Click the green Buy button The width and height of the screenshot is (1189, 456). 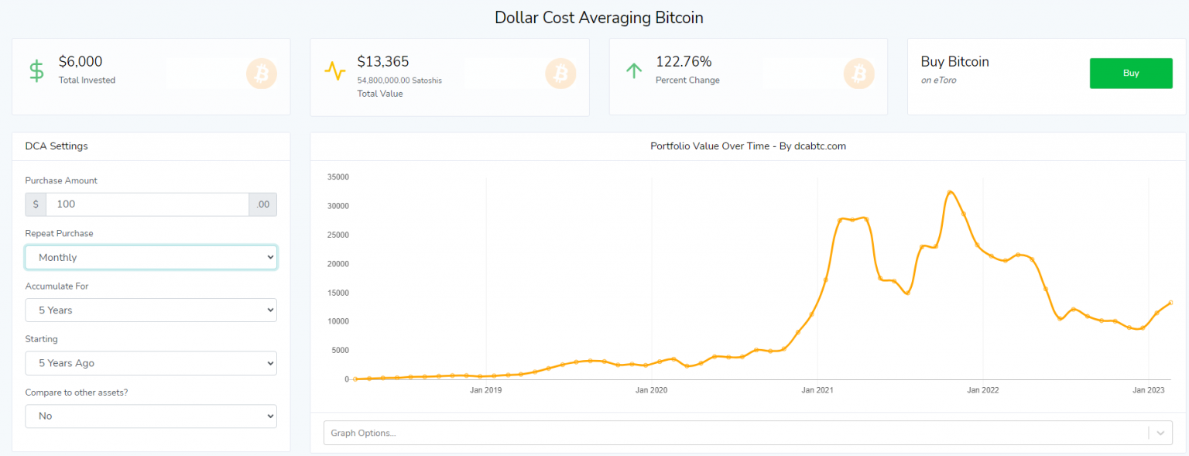point(1130,74)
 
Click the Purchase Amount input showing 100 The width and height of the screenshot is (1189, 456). point(147,204)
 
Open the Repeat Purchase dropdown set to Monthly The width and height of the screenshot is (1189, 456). point(151,257)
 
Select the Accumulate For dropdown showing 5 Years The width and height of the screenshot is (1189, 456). point(151,310)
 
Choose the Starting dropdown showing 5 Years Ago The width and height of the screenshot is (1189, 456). point(151,362)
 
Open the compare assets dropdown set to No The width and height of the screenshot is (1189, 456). point(151,416)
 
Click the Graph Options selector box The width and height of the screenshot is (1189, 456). point(735,433)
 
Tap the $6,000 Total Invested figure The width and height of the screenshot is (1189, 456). point(81,62)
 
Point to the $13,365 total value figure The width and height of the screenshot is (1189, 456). point(383,62)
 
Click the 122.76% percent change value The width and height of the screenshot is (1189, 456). point(684,62)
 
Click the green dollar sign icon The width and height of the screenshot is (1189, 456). point(36,71)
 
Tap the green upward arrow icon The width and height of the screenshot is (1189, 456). point(634,71)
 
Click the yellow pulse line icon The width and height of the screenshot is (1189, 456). point(335,71)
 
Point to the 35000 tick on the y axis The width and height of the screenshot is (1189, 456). point(338,177)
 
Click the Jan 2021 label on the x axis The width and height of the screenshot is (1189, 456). point(817,390)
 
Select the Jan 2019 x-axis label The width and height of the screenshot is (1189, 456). point(485,390)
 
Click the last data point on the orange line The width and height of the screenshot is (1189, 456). point(1170,302)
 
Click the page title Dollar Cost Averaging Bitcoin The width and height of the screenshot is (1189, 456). point(598,17)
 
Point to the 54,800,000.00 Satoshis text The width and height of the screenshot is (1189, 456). point(399,80)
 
